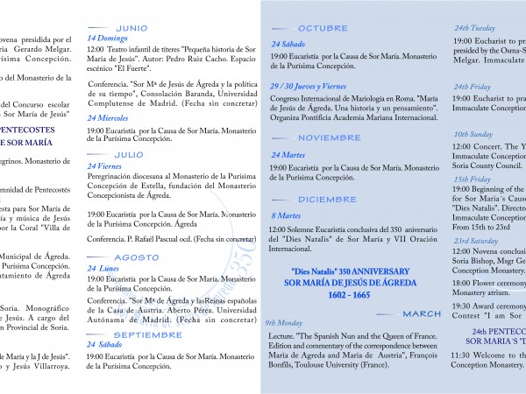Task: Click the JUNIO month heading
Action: click(131, 28)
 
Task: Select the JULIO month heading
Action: click(129, 153)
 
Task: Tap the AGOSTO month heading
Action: click(136, 257)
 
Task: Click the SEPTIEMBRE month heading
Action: click(147, 334)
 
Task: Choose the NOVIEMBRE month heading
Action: click(329, 137)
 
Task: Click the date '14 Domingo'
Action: click(106, 39)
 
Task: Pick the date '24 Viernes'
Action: click(105, 165)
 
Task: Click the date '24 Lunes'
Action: click(103, 269)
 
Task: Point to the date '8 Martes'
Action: click(287, 215)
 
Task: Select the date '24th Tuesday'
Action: click(474, 28)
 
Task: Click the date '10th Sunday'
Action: click(473, 134)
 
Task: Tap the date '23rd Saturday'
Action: click(476, 240)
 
